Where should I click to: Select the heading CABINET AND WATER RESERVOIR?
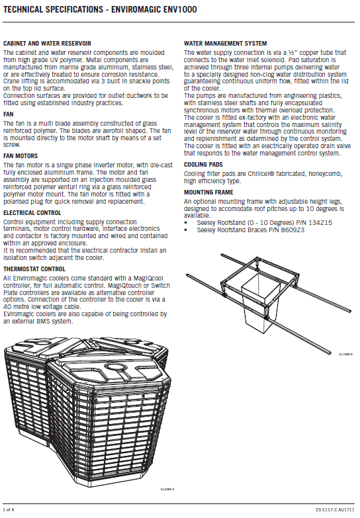(47, 44)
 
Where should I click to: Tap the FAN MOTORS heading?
(21, 156)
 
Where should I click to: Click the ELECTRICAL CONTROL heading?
(32, 213)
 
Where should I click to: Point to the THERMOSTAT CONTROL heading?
(34, 269)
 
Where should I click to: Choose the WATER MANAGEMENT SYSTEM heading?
(226, 44)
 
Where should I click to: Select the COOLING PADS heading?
(203, 165)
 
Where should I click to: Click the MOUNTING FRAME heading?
(208, 193)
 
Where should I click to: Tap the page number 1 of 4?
(9, 510)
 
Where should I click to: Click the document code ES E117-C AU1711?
(335, 510)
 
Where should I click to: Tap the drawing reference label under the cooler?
(167, 489)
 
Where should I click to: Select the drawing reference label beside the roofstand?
(346, 354)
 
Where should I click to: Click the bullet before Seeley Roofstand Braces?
(186, 230)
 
